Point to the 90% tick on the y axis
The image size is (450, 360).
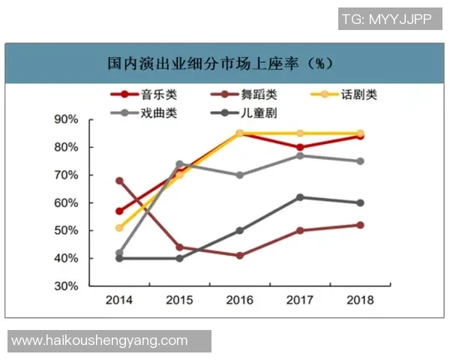point(66,120)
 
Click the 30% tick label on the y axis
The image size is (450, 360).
point(66,286)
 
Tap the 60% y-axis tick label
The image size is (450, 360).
point(66,203)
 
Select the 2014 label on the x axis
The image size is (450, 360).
point(119,301)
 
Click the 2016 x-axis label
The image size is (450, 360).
point(239,301)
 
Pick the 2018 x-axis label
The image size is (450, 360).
point(360,301)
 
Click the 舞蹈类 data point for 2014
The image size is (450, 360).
point(119,181)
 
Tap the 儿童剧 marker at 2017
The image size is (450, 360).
point(300,197)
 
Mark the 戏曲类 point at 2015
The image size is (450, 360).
point(179,163)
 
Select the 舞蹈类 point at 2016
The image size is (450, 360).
point(239,256)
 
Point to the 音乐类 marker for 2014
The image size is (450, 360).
point(119,211)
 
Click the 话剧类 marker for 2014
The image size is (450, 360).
point(119,228)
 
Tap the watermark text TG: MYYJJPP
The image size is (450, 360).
point(386,19)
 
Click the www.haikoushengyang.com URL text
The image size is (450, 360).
point(100,341)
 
